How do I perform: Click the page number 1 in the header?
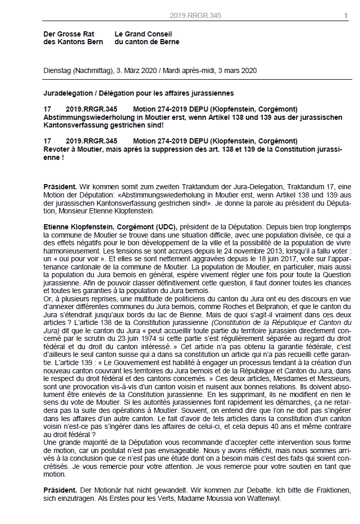coord(346,16)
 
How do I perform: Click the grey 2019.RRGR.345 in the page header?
coord(195,16)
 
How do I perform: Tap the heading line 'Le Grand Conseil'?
coord(143,34)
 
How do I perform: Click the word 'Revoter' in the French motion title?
coord(58,149)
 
